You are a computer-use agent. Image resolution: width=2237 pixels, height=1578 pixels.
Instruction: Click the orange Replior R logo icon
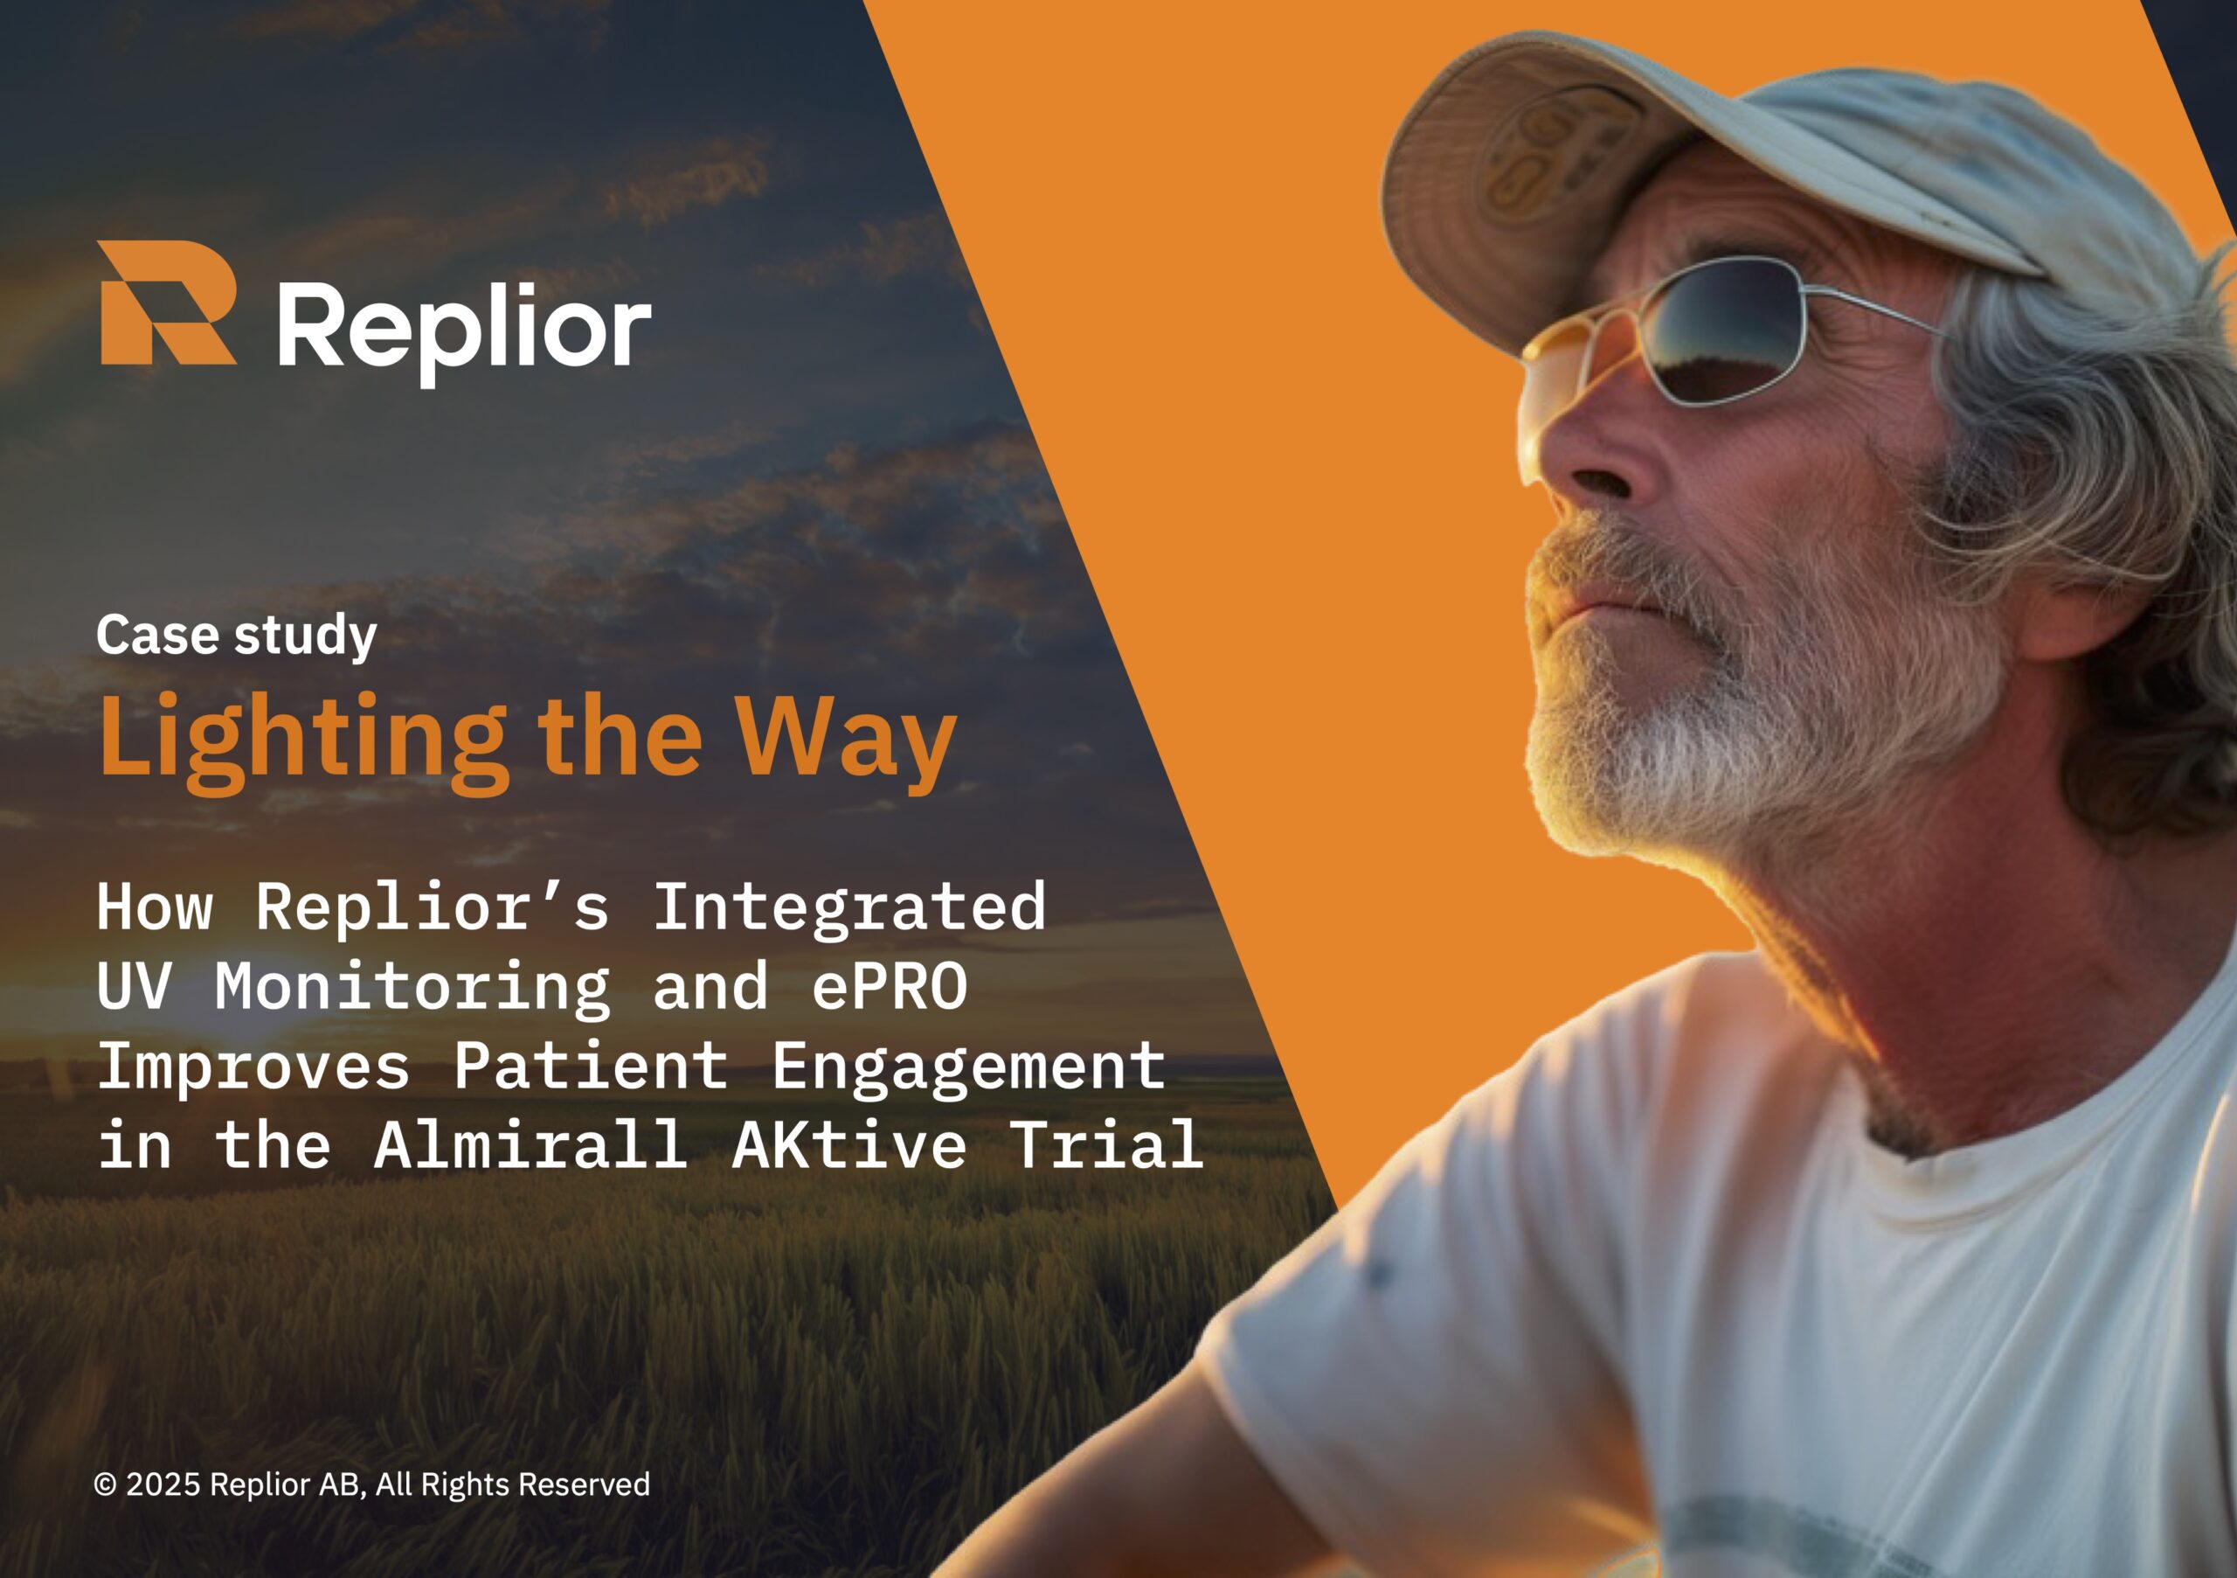pos(167,302)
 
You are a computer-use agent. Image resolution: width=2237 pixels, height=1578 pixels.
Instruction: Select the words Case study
pos(236,636)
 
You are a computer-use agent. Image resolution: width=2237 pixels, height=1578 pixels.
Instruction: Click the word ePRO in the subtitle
pos(890,985)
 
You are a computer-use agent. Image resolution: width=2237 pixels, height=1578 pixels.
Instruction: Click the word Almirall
pos(531,1144)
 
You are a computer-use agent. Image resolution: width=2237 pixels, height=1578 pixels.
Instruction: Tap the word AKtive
pos(848,1144)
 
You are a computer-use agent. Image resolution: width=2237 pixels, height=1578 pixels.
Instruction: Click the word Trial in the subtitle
pos(1107,1144)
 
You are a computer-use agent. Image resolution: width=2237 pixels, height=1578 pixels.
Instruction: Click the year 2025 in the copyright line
pos(163,1484)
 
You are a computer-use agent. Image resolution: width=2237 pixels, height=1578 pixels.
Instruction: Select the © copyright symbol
pos(105,1484)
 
